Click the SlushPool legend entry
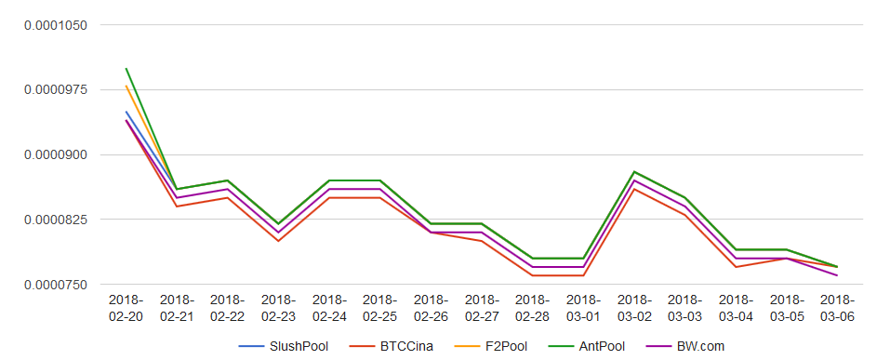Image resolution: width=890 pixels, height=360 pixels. coord(284,346)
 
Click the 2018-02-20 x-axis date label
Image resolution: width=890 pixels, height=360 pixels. coord(126,308)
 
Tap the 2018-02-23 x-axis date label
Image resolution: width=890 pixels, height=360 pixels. coord(279,308)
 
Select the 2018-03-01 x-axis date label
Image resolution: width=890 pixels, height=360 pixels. coord(583,308)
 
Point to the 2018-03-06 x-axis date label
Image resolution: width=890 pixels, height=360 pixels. coord(837,308)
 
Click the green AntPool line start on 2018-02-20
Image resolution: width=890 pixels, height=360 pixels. coord(126,68)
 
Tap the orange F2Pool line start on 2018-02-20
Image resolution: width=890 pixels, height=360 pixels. coord(126,86)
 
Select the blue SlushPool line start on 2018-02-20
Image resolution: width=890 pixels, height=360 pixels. coord(126,112)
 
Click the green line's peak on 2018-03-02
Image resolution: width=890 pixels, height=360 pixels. coord(634,171)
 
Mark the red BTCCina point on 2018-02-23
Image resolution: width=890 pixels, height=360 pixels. coord(279,241)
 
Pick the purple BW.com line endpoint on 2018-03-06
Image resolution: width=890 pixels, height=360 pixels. coord(837,275)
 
